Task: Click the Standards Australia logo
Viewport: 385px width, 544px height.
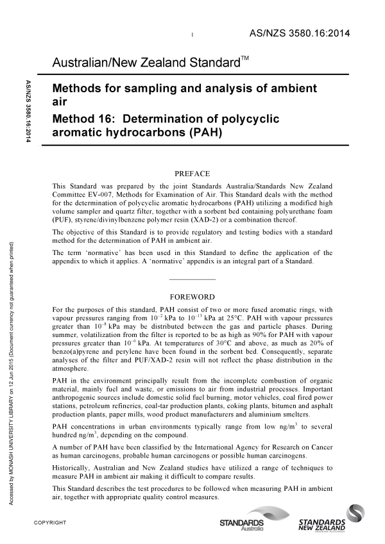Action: tap(246, 520)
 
